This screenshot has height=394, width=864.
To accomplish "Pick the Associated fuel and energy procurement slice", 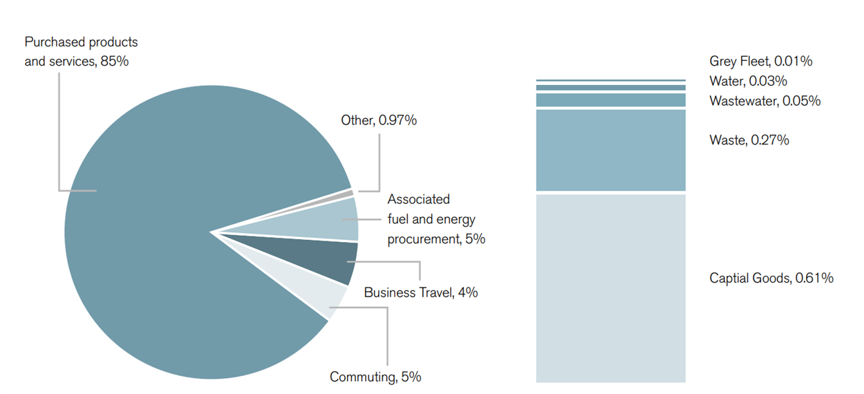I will (335, 220).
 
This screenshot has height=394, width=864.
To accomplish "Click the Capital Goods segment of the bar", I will (610, 288).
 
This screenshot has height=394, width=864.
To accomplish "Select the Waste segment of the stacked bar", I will (610, 150).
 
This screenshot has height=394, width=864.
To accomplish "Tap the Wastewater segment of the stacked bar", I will (610, 100).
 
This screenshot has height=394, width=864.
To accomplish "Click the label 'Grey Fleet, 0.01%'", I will (760, 62).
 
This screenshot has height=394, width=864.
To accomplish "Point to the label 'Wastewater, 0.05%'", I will (764, 102).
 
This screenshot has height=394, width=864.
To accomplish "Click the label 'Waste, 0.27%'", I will (749, 141).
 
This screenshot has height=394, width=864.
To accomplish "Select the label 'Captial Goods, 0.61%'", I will (771, 279).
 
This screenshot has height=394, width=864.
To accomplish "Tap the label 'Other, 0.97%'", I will (379, 121).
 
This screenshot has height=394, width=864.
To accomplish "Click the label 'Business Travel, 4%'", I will (420, 292).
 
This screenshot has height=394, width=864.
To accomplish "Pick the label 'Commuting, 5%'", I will (375, 377).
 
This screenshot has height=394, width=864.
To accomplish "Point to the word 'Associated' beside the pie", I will (418, 200).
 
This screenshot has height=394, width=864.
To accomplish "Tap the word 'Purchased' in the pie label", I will (52, 42).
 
